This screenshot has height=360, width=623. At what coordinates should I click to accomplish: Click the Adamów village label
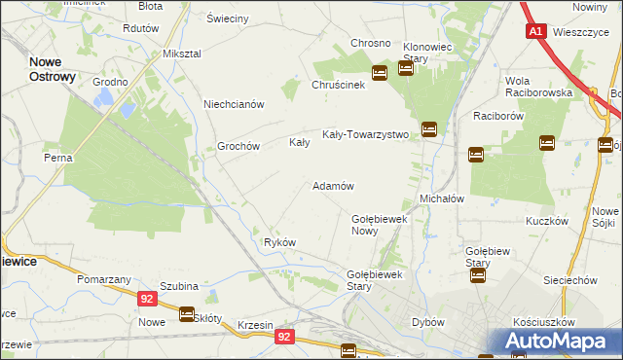332,186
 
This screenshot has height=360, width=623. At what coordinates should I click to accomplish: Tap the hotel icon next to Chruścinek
380,73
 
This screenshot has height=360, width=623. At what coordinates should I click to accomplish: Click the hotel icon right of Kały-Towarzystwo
428,129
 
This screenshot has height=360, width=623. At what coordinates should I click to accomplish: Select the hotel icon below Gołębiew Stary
477,275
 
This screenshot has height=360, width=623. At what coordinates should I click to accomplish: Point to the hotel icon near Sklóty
186,313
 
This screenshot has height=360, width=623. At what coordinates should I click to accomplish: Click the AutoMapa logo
558,341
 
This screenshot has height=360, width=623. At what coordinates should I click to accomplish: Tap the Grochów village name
238,146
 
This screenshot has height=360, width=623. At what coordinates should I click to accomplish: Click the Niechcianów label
234,104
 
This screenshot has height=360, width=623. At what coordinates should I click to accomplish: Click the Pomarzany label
105,279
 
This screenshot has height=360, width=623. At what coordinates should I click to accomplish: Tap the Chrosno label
371,44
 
